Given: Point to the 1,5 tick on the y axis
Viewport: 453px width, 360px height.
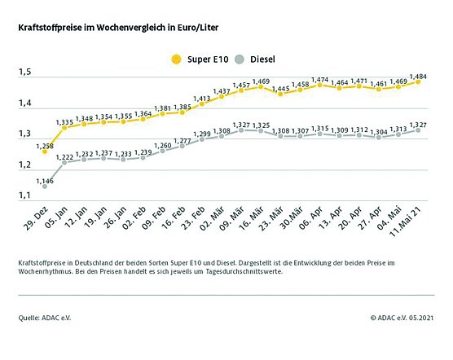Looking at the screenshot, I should (25, 73).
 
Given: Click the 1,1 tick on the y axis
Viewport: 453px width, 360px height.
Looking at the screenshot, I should (25, 195).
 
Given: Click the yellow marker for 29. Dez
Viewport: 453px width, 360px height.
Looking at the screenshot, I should (45, 151).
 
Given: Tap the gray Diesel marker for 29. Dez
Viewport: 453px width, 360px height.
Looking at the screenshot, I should (45, 186).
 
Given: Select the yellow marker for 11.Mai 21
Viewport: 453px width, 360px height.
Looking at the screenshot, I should (418, 81).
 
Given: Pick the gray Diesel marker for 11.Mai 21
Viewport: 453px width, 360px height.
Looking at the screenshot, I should (418, 130).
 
